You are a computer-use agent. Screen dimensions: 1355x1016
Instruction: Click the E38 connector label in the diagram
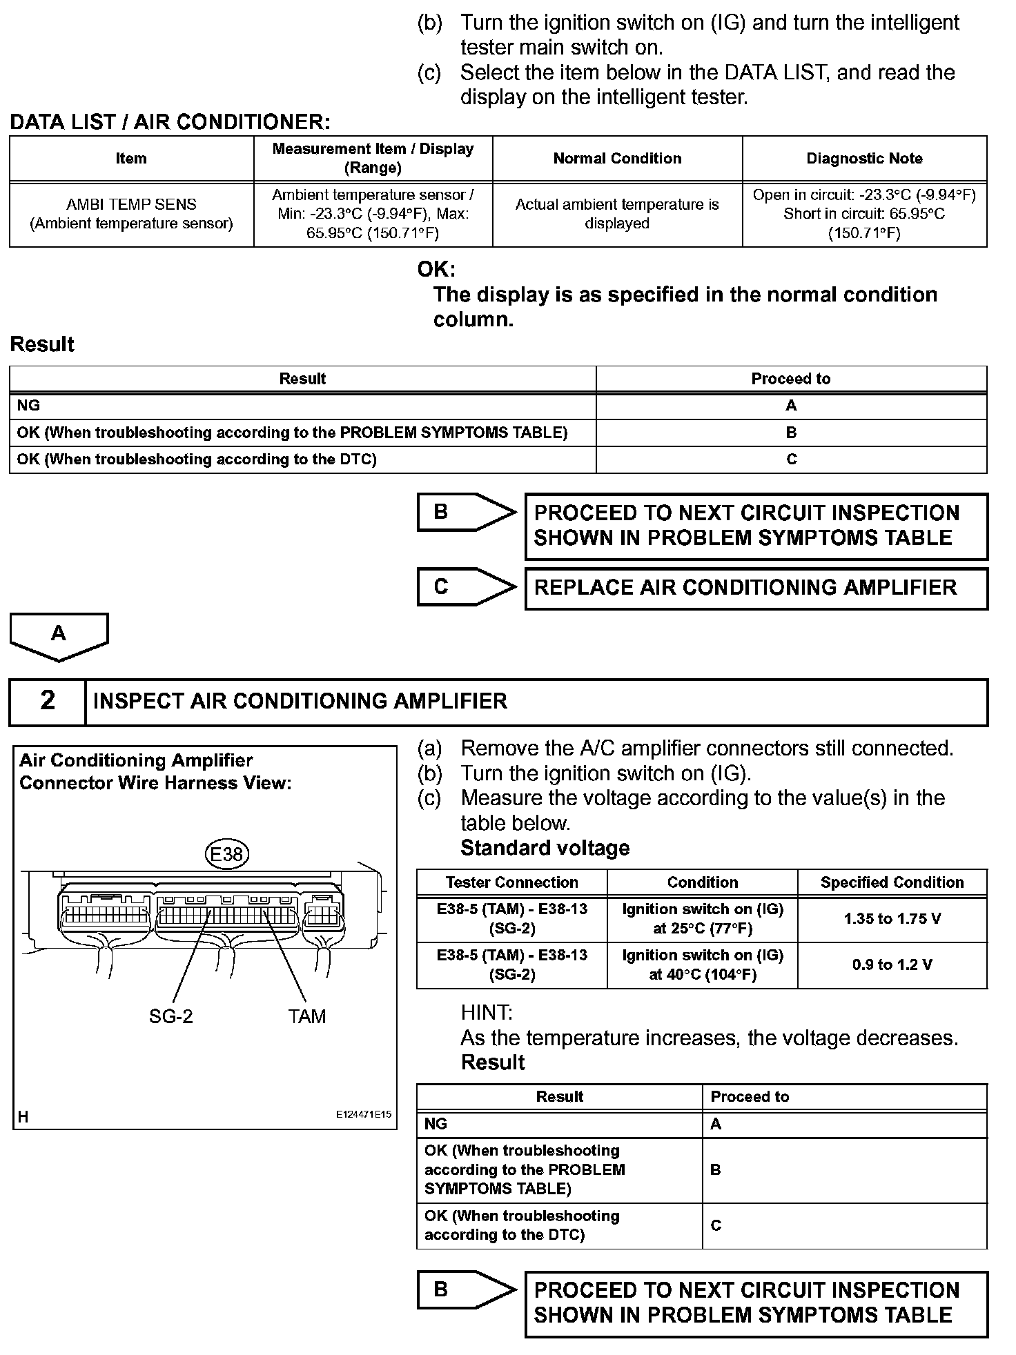226,855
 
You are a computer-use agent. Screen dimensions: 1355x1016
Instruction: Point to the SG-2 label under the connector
170,1016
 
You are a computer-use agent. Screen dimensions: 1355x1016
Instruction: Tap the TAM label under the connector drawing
306,1016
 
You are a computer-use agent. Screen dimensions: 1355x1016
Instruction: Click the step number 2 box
47,701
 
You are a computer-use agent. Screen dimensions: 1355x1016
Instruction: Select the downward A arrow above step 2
59,635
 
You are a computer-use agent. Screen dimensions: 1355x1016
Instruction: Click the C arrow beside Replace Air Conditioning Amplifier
466,587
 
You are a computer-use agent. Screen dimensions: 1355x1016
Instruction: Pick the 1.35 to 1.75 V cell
892,919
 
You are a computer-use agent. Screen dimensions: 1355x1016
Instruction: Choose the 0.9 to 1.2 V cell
892,965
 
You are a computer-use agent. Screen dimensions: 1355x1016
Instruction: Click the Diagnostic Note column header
864,159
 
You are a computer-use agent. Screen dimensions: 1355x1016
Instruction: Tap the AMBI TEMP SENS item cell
131,214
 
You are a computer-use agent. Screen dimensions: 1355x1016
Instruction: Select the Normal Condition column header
617,159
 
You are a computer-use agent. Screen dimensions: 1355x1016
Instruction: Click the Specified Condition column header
892,882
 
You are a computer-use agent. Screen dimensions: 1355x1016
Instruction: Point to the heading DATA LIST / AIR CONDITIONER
170,122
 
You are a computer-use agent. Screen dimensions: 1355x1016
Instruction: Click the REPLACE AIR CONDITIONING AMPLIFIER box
756,588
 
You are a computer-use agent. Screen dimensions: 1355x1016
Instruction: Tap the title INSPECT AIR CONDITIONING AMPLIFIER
300,701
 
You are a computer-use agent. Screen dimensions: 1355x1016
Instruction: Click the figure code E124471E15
364,1114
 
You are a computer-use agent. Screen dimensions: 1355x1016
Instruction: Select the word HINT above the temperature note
486,1012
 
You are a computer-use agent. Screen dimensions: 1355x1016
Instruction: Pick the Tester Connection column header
511,882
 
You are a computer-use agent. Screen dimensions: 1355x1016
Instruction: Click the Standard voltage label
545,848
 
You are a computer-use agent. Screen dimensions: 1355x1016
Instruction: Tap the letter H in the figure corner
23,1117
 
